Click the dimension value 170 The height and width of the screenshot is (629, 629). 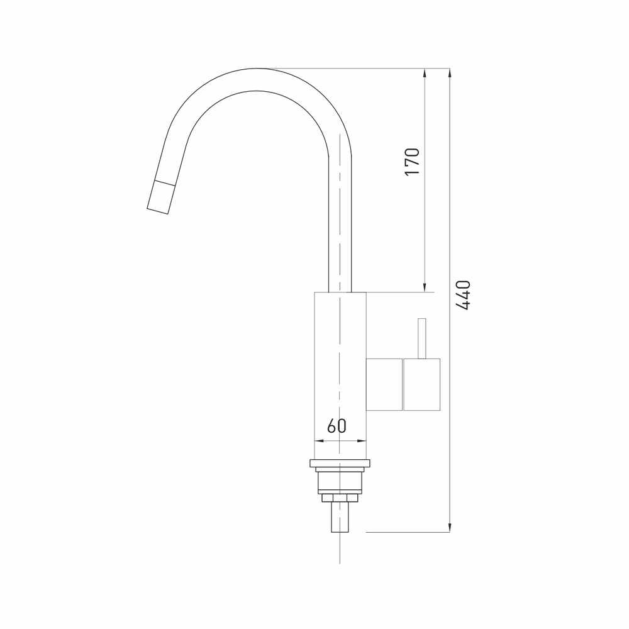412,162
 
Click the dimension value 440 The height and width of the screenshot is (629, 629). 463,294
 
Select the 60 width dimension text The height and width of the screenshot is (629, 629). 337,426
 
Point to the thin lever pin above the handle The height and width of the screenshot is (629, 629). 421,338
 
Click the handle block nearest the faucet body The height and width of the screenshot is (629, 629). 384,384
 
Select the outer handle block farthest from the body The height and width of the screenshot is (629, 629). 421,384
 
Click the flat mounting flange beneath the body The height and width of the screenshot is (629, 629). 340,464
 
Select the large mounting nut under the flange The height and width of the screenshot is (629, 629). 340,481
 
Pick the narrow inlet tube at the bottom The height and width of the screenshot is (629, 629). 340,517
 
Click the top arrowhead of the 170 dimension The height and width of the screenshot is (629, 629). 425,73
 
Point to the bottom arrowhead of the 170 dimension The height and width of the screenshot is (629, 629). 425,287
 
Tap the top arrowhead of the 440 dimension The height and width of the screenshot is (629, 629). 449,73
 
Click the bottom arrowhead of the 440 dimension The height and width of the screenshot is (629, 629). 449,527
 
